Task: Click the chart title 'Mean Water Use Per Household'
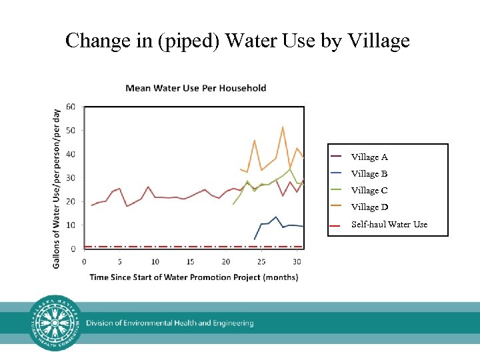tap(196, 88)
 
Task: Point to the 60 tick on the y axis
tap(70, 107)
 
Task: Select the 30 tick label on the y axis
tap(70, 178)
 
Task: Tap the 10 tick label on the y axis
tap(70, 225)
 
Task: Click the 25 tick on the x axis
tap(261, 261)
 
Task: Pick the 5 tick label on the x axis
tap(120, 261)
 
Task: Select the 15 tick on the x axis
tap(191, 261)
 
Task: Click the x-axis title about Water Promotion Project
tap(193, 277)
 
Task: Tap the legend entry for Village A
tap(369, 157)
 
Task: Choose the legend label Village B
tap(369, 174)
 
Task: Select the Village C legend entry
tap(369, 191)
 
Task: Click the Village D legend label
tap(369, 207)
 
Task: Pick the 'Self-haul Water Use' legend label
tap(389, 225)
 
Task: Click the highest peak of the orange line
tap(283, 127)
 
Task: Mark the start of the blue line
tap(255, 239)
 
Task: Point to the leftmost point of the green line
tap(233, 204)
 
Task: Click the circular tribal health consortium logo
tap(56, 323)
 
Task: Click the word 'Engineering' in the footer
tap(230, 323)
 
